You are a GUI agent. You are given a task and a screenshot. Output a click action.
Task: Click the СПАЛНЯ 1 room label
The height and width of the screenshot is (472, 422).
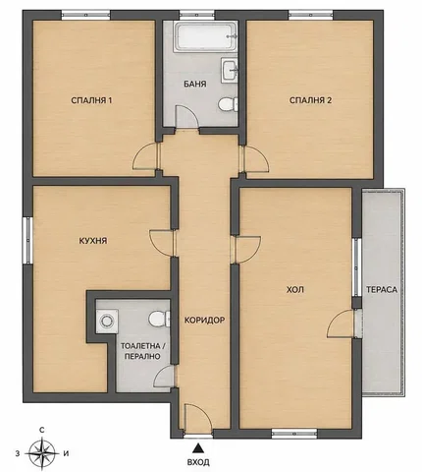91,100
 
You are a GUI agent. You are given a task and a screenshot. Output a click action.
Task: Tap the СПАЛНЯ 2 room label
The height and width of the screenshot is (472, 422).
310,100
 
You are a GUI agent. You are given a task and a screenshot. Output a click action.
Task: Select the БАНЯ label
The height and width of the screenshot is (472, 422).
195,84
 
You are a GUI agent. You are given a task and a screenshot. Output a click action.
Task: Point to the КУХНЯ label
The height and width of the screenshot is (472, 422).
93,241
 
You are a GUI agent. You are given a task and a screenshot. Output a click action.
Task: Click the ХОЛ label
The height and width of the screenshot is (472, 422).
295,290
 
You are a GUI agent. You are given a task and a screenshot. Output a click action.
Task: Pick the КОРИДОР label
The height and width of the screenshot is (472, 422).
204,320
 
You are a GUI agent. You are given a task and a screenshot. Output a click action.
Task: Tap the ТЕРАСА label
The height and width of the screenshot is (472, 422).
382,290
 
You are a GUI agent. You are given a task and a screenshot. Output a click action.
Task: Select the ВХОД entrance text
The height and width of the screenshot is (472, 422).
198,462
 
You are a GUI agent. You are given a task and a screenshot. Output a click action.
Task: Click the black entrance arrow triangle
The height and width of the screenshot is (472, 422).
197,447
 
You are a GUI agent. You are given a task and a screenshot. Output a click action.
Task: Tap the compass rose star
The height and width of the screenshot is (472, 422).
42,453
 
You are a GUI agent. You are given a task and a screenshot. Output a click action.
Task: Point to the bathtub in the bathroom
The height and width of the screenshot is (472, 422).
205,36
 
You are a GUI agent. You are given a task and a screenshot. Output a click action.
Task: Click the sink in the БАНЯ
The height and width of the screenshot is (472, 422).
230,70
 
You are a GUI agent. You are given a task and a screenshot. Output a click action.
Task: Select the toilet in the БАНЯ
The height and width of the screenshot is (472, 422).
228,104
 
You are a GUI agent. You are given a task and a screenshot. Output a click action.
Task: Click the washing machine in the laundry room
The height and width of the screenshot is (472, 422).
107,321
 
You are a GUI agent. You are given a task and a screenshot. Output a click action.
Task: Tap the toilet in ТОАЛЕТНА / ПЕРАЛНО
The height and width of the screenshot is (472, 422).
159,319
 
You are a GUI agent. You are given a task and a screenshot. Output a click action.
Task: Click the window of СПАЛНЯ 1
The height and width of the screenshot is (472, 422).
85,15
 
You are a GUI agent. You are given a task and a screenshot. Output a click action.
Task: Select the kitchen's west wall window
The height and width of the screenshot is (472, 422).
28,240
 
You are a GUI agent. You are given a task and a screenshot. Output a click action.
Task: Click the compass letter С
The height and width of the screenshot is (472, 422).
41,430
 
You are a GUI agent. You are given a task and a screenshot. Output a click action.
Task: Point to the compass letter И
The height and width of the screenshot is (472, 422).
67,454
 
